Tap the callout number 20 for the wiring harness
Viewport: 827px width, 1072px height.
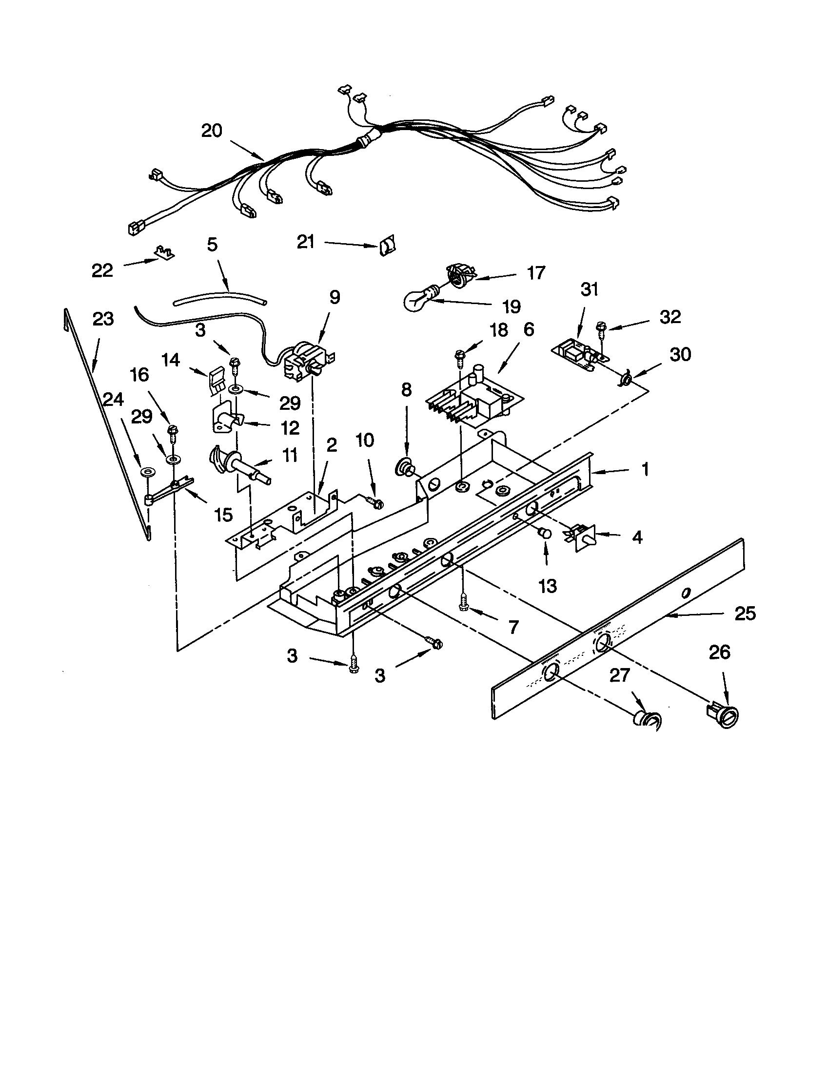[x=212, y=131]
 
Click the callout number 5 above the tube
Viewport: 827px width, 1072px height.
[x=212, y=245]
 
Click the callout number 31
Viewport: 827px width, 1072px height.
[x=590, y=289]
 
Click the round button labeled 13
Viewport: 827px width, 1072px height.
[x=544, y=533]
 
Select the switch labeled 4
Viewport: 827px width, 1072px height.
[x=583, y=538]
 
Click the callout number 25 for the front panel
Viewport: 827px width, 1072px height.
[x=745, y=614]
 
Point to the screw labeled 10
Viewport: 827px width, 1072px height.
[x=375, y=503]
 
